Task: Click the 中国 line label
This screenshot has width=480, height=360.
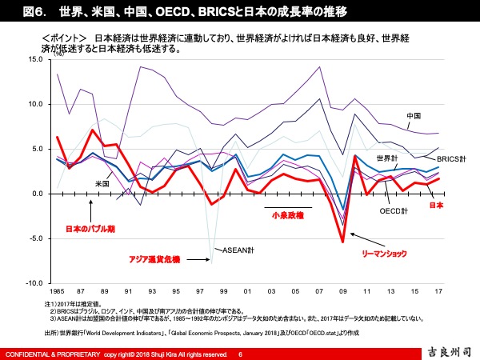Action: [414, 116]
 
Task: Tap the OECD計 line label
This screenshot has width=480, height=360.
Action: [394, 211]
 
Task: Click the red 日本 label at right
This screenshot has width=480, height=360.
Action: [437, 206]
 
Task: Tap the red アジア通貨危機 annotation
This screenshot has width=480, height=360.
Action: [155, 259]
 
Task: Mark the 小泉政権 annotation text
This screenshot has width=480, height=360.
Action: [286, 214]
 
